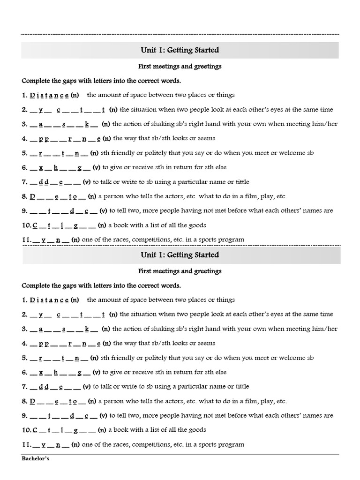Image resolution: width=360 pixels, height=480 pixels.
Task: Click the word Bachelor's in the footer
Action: (35, 459)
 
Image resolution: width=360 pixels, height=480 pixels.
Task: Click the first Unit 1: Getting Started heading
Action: (180, 50)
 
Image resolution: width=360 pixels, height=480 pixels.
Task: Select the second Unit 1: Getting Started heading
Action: (180, 255)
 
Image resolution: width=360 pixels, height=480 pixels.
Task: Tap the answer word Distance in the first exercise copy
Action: (49, 95)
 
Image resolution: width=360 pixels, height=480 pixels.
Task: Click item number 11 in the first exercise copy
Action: (27, 240)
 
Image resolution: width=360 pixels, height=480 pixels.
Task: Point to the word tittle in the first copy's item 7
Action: (240, 182)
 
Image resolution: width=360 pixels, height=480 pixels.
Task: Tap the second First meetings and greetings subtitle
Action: (180, 271)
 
